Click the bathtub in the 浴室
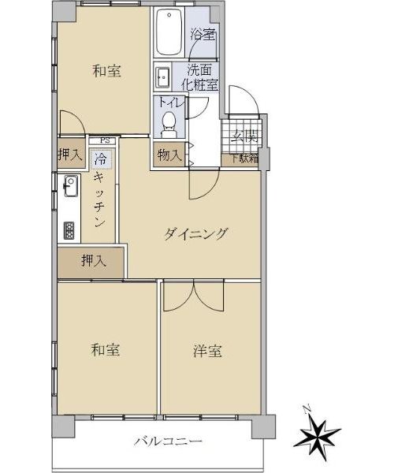(x=169, y=32)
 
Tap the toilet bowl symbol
(x=169, y=125)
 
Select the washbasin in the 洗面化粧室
(x=162, y=77)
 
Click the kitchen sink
(x=71, y=186)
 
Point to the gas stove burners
(x=69, y=231)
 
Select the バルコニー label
(x=168, y=442)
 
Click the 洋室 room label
(x=207, y=351)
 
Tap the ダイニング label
(x=195, y=234)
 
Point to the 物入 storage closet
(x=169, y=155)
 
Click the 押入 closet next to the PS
(x=71, y=153)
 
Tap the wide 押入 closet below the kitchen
(x=91, y=263)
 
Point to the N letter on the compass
(x=307, y=409)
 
